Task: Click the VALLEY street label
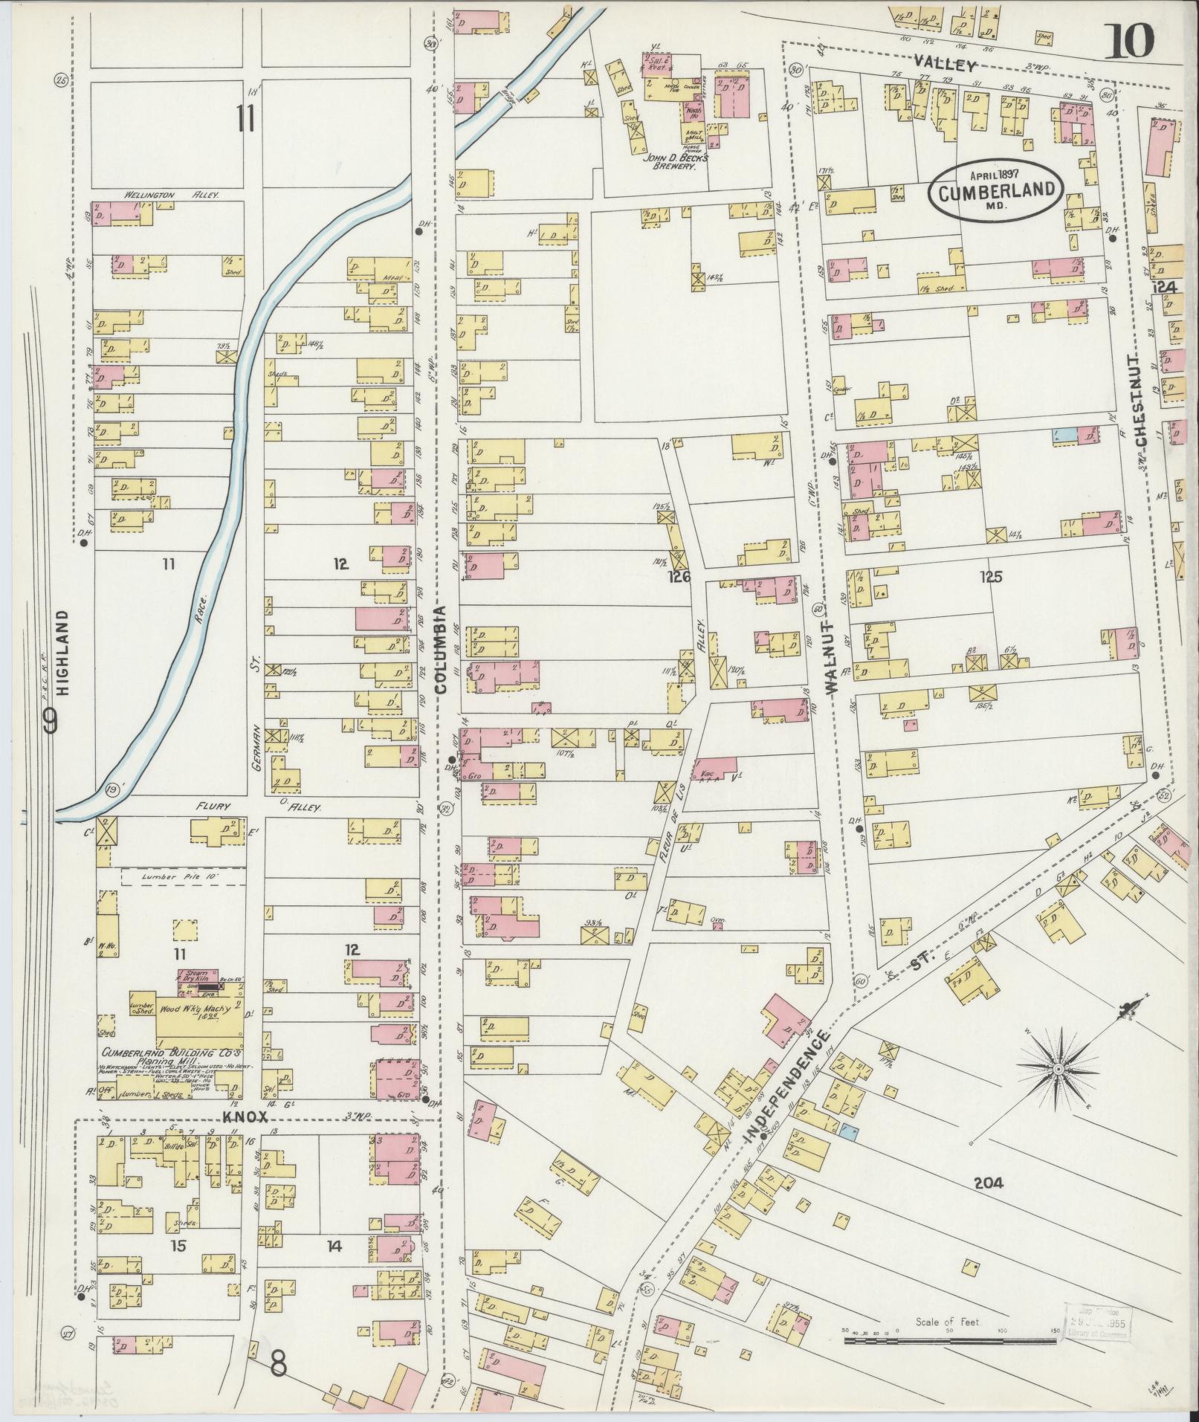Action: pyautogui.click(x=944, y=65)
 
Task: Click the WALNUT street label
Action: pyautogui.click(x=831, y=655)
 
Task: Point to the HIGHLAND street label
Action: pyautogui.click(x=62, y=652)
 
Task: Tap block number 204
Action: pyautogui.click(x=987, y=1182)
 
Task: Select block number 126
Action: pyautogui.click(x=678, y=576)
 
